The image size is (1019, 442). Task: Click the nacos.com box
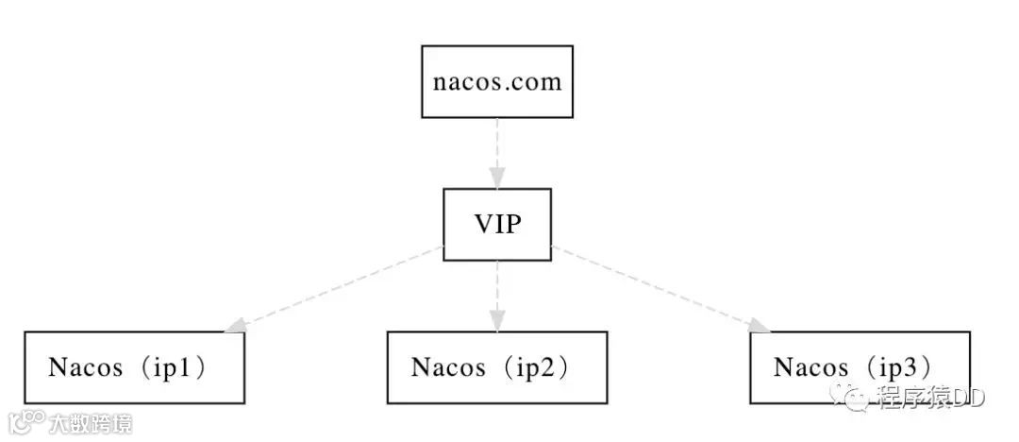496,81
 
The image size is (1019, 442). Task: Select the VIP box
497,225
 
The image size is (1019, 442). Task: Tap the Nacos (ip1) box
134,367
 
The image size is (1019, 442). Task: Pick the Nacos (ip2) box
496,367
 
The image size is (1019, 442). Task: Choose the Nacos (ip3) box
860,367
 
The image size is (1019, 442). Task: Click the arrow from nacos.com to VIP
497,146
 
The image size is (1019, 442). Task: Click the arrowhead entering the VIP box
497,178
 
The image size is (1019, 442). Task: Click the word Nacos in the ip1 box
85,367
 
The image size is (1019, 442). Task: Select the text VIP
497,225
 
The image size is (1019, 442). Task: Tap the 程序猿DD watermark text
929,398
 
